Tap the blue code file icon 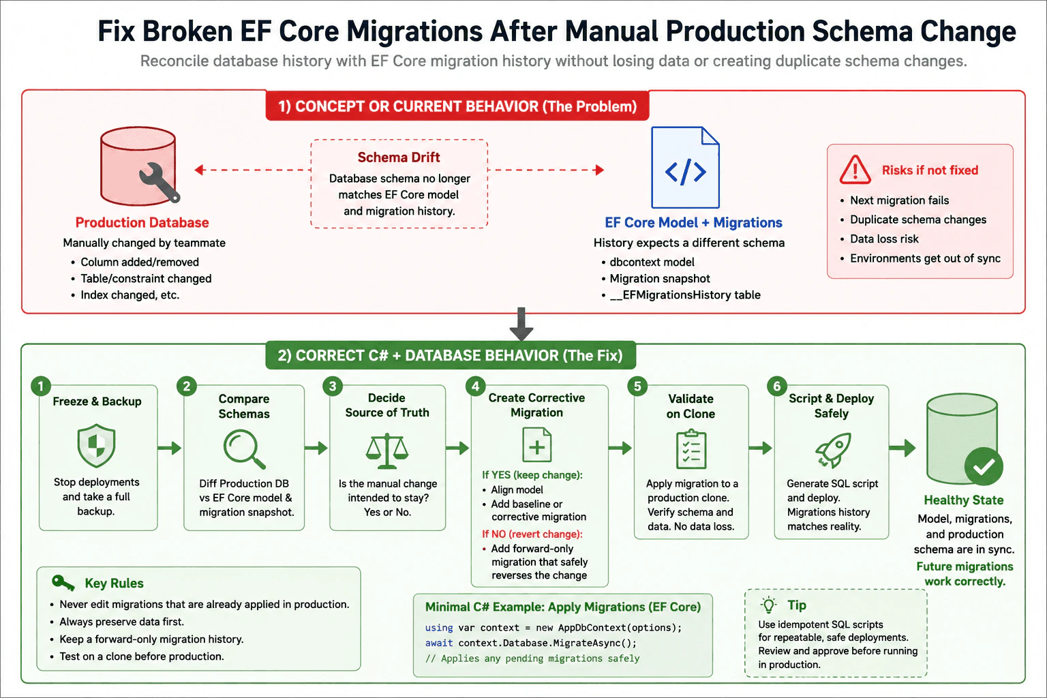(685, 168)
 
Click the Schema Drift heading (399, 157)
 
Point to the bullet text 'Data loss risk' (884, 239)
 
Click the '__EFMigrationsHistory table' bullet (685, 295)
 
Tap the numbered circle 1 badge (41, 386)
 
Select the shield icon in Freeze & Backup (96, 446)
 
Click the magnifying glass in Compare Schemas (245, 449)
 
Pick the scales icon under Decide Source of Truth (387, 451)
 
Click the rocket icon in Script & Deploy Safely (834, 450)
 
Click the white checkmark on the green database (984, 466)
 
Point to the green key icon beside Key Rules (63, 583)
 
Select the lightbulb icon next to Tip (768, 605)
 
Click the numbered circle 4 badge (475, 386)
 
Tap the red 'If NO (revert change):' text (532, 534)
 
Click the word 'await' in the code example (439, 643)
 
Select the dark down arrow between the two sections (521, 324)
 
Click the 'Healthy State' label (964, 500)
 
